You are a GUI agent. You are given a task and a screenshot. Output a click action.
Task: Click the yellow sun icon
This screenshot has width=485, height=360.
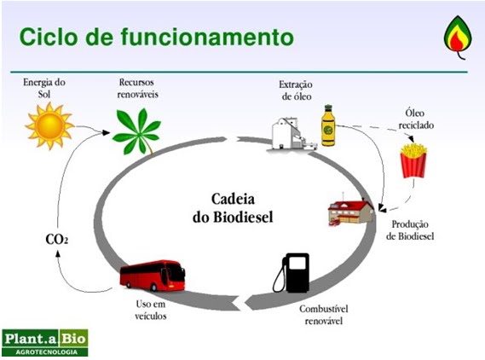point(49,125)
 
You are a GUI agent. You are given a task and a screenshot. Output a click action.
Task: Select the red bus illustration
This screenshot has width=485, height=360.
point(152,276)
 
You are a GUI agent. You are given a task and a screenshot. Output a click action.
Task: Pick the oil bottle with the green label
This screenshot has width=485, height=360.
point(327,126)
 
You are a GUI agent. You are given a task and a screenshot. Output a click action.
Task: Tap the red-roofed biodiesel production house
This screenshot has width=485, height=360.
point(350,208)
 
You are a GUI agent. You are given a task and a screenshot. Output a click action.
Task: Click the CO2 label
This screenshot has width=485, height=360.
point(56,240)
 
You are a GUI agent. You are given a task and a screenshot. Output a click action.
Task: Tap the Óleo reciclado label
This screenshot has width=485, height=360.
point(417,119)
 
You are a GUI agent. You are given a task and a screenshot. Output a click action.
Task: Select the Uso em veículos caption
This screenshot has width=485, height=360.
point(149,310)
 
